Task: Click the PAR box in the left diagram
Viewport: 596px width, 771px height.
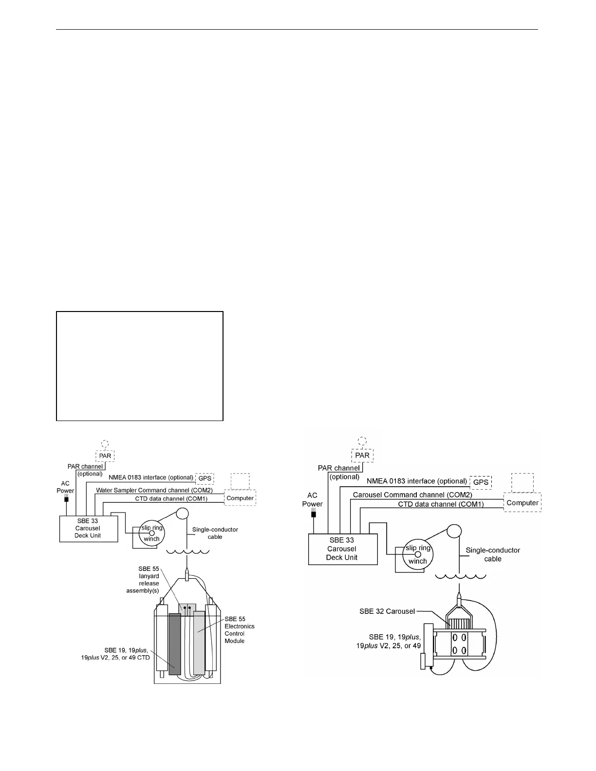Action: click(x=105, y=456)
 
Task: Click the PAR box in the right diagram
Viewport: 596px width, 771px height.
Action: click(x=362, y=456)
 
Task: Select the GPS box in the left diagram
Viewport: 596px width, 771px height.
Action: click(x=205, y=478)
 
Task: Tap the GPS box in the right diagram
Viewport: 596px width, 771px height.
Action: click(x=481, y=482)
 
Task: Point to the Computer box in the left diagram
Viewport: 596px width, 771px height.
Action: click(x=240, y=498)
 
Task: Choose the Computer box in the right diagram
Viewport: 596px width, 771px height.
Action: click(x=522, y=503)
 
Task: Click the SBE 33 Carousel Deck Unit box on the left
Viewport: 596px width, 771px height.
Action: click(x=88, y=529)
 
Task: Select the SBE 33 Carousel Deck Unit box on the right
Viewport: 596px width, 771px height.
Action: click(x=342, y=549)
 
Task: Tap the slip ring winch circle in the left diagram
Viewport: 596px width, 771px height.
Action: click(x=151, y=533)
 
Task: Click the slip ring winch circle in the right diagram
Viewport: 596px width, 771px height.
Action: click(x=417, y=554)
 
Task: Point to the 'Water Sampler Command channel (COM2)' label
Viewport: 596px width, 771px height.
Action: click(x=154, y=490)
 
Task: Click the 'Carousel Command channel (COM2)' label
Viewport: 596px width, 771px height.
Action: click(x=412, y=495)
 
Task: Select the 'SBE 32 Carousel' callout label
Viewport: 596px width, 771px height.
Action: click(x=387, y=611)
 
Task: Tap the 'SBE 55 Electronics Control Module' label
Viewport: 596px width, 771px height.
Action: click(x=239, y=630)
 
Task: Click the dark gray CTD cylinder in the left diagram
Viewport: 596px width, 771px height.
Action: click(x=175, y=643)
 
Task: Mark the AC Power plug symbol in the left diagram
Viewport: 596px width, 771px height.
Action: click(x=66, y=499)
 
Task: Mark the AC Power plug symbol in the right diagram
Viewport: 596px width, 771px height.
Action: click(x=313, y=514)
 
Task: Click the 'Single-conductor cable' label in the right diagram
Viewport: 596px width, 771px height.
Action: click(x=493, y=554)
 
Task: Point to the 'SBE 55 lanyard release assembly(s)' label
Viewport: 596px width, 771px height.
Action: click(x=143, y=580)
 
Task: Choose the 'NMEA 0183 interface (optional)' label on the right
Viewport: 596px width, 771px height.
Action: click(x=417, y=481)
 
